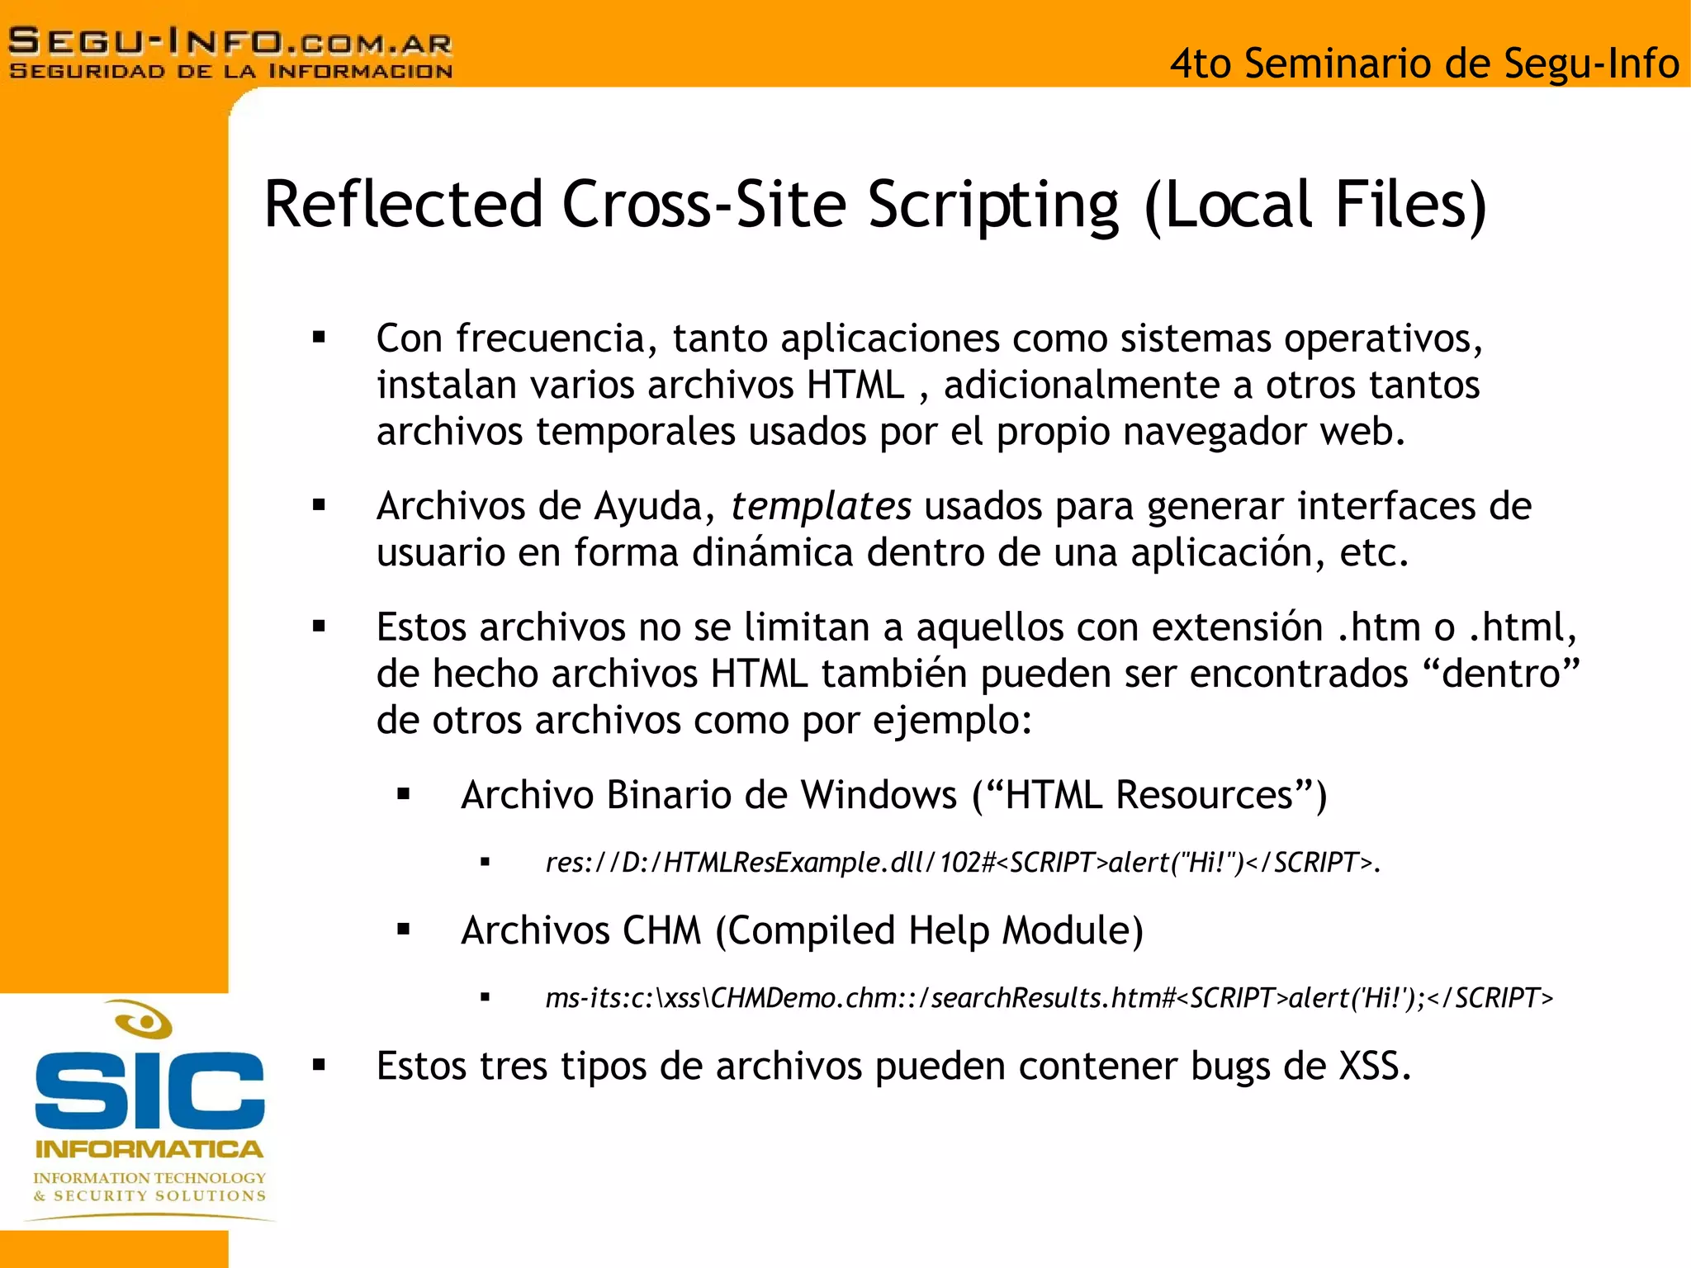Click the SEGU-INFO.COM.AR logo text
coord(230,41)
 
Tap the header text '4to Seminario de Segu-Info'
coord(1423,64)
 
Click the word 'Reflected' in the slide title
coord(403,204)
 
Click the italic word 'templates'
coord(820,506)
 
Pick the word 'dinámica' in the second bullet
coord(772,552)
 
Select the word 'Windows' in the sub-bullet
coord(879,795)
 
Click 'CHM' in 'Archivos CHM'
coord(661,930)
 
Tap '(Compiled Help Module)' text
coord(929,931)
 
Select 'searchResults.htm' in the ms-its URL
coord(1044,998)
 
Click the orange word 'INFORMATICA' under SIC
coord(149,1149)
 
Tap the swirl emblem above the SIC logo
coord(144,1020)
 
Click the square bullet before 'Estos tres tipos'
coord(320,1065)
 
